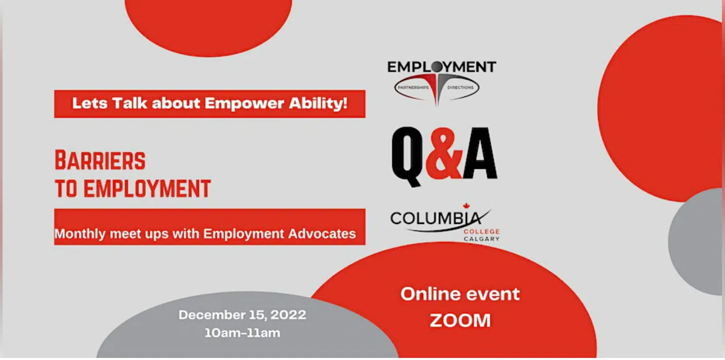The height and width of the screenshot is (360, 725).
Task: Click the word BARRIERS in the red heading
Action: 101,161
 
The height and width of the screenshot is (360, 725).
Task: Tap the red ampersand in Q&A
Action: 444,153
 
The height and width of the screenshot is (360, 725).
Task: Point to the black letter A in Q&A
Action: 480,153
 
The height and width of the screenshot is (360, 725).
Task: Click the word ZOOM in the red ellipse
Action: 460,321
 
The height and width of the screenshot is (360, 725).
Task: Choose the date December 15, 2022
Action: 242,315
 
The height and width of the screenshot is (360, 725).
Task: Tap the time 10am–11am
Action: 242,333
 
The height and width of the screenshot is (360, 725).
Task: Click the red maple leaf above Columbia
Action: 466,205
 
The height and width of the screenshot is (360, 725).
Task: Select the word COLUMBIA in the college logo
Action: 436,219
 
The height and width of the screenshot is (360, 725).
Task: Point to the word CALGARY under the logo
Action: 482,239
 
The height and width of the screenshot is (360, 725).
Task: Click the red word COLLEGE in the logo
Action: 482,232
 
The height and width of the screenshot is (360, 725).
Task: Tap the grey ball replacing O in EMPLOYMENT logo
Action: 437,67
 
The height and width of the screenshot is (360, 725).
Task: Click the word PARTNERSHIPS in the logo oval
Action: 413,87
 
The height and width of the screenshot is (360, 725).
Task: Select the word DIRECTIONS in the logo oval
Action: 460,87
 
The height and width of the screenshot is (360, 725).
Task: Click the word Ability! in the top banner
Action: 318,104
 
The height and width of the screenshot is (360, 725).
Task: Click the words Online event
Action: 460,294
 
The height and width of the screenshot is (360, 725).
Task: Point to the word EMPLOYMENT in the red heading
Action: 147,188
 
